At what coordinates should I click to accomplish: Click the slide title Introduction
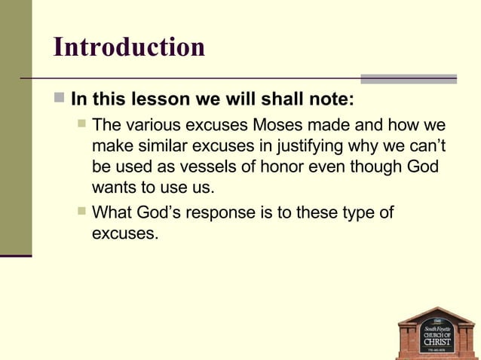point(129,47)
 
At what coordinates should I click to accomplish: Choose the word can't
point(427,145)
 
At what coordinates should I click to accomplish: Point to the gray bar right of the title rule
point(408,78)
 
